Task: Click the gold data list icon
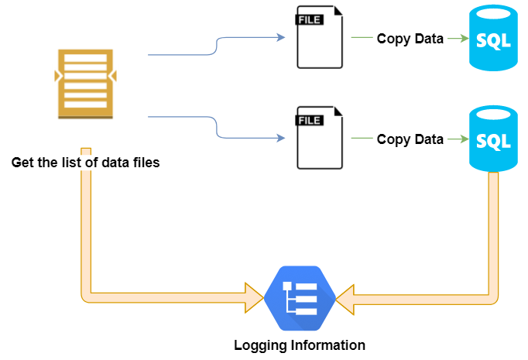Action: click(x=85, y=83)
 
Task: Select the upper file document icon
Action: click(x=319, y=38)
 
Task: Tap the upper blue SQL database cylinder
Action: click(x=492, y=38)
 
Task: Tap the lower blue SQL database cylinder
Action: click(x=492, y=139)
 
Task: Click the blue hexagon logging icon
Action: click(x=299, y=298)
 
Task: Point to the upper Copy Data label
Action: click(x=410, y=39)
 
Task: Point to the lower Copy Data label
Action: click(x=410, y=139)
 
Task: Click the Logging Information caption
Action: click(x=300, y=345)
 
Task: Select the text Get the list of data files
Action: click(x=85, y=163)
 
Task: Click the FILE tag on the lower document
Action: click(x=310, y=120)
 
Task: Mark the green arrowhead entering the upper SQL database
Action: click(x=464, y=38)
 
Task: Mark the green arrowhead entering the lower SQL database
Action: click(x=464, y=139)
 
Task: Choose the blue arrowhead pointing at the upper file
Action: click(x=281, y=36)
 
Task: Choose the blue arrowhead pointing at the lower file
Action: click(x=281, y=139)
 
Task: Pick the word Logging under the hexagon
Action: click(x=260, y=345)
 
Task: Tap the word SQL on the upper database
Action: click(x=492, y=41)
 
